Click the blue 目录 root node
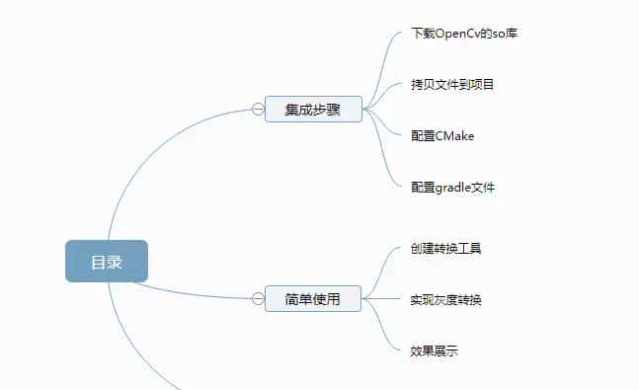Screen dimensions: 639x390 point(107,262)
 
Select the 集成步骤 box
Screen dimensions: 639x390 point(313,110)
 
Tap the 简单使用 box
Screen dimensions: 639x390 point(313,298)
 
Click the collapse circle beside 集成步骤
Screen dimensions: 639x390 point(258,110)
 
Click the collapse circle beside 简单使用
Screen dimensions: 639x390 point(258,298)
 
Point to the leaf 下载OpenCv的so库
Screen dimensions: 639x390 point(465,34)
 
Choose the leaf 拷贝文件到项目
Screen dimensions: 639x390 point(452,84)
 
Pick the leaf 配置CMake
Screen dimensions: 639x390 point(442,135)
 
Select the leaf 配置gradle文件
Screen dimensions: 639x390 point(452,186)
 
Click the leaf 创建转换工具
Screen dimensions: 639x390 point(445,248)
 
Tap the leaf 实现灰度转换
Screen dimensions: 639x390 point(445,299)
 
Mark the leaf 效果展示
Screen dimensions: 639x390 point(434,350)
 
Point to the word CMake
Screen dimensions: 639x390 point(454,135)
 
